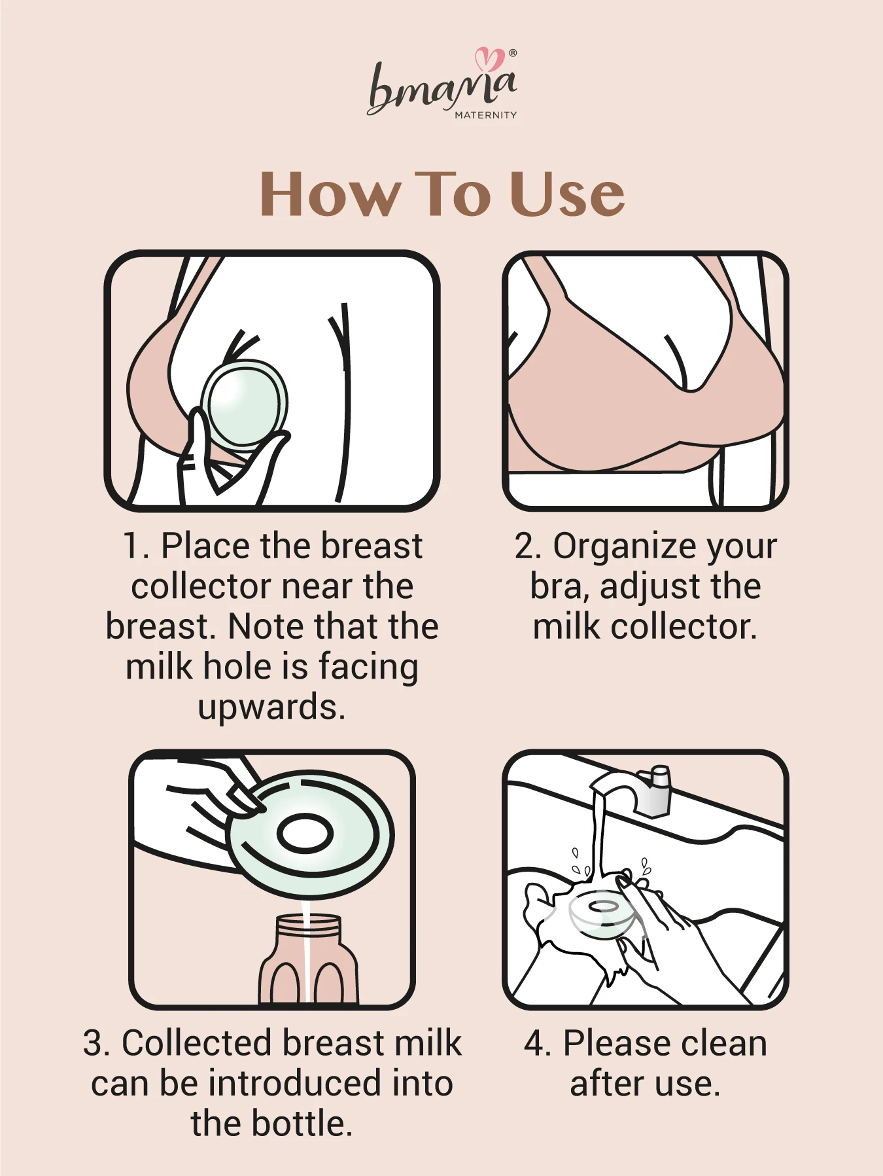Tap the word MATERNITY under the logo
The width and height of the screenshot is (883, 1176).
pos(485,115)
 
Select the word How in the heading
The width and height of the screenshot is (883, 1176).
pos(330,194)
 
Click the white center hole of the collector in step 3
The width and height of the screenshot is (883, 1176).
pos(305,834)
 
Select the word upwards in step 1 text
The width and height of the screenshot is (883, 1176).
pos(271,708)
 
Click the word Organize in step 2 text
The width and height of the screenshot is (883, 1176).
pos(614,547)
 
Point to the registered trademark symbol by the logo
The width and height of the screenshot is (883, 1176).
pos(513,53)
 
